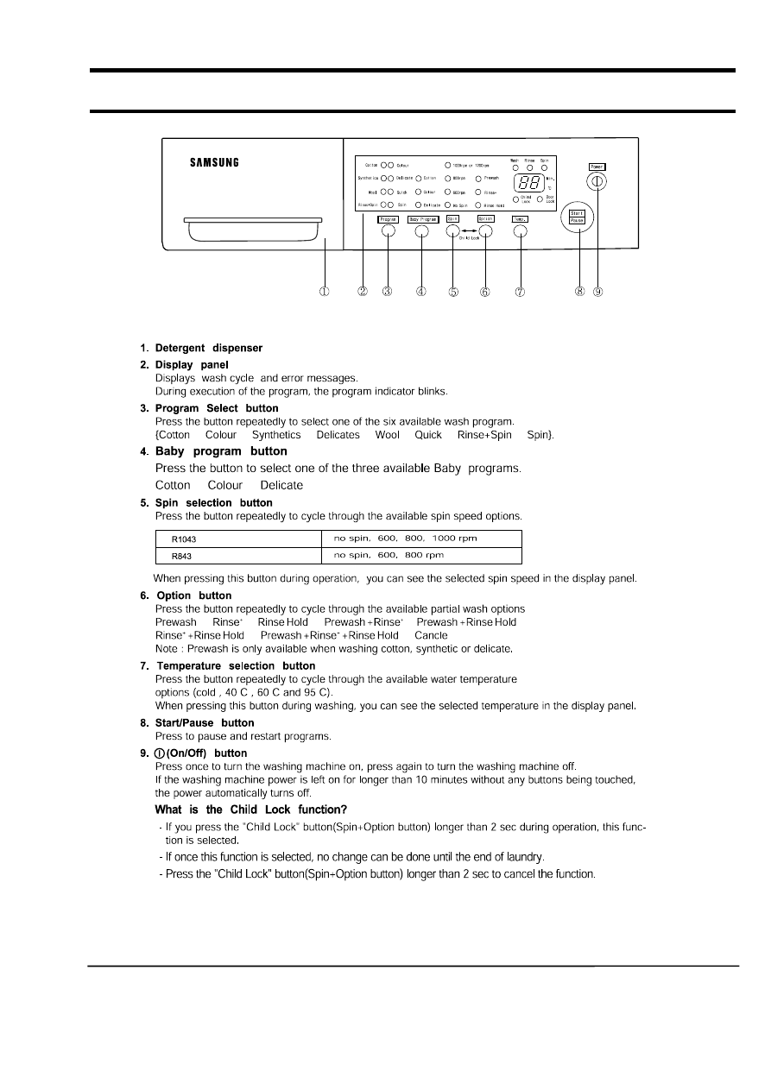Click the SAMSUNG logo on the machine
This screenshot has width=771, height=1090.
214,162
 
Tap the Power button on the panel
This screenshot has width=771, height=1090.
597,181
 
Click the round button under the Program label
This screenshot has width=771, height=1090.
388,231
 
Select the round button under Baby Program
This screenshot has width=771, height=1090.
422,231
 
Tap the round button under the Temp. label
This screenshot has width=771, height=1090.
520,231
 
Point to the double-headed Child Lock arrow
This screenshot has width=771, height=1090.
468,231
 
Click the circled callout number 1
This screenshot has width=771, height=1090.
325,292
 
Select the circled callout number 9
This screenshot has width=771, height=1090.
597,292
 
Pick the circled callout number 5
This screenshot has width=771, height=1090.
453,292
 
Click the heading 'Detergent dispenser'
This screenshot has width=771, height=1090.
208,349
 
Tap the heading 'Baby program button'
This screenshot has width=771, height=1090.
220,451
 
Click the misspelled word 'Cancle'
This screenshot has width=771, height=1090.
431,635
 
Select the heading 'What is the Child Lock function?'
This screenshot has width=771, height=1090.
250,810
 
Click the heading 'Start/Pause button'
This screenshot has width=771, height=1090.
205,723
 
